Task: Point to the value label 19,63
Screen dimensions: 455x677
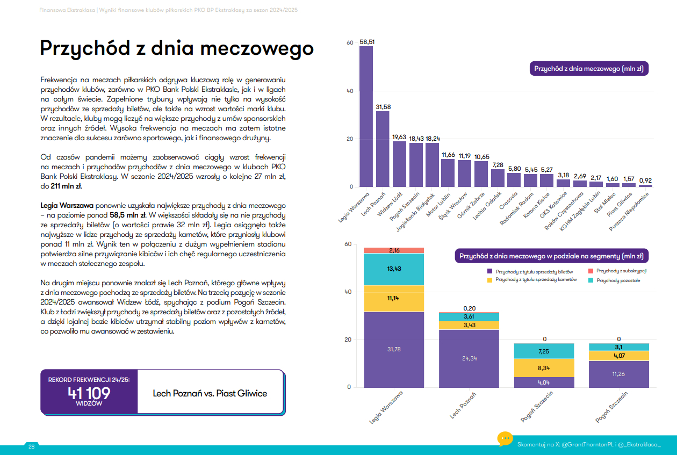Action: point(399,137)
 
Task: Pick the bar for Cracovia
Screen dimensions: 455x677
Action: point(514,180)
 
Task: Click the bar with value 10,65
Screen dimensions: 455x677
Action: point(481,174)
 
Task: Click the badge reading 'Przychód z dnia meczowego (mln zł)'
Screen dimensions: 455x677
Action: point(588,69)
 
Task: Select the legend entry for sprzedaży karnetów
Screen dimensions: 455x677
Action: point(531,280)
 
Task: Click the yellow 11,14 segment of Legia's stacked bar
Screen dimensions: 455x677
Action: point(394,299)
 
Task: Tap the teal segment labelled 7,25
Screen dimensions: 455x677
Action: point(545,351)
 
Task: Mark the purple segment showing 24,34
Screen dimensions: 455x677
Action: point(469,358)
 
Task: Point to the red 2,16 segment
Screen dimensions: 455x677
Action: point(394,250)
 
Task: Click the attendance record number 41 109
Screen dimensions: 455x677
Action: point(89,393)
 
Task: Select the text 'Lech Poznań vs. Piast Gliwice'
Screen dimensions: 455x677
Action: point(210,393)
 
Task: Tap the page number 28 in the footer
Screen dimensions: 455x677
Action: point(31,446)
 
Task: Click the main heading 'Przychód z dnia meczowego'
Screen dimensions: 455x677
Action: point(177,48)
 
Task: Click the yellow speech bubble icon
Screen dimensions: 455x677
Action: point(505,438)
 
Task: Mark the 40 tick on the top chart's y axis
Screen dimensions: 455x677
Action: point(350,91)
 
